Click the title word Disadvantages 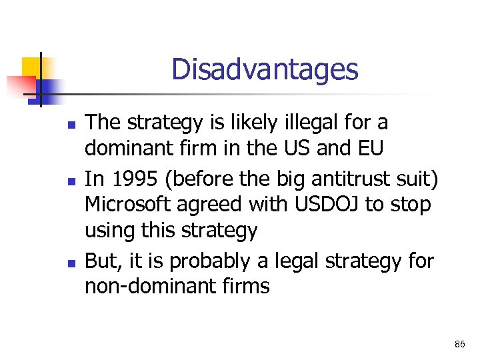point(264,69)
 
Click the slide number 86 point(459,345)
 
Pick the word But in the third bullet point(101,261)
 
